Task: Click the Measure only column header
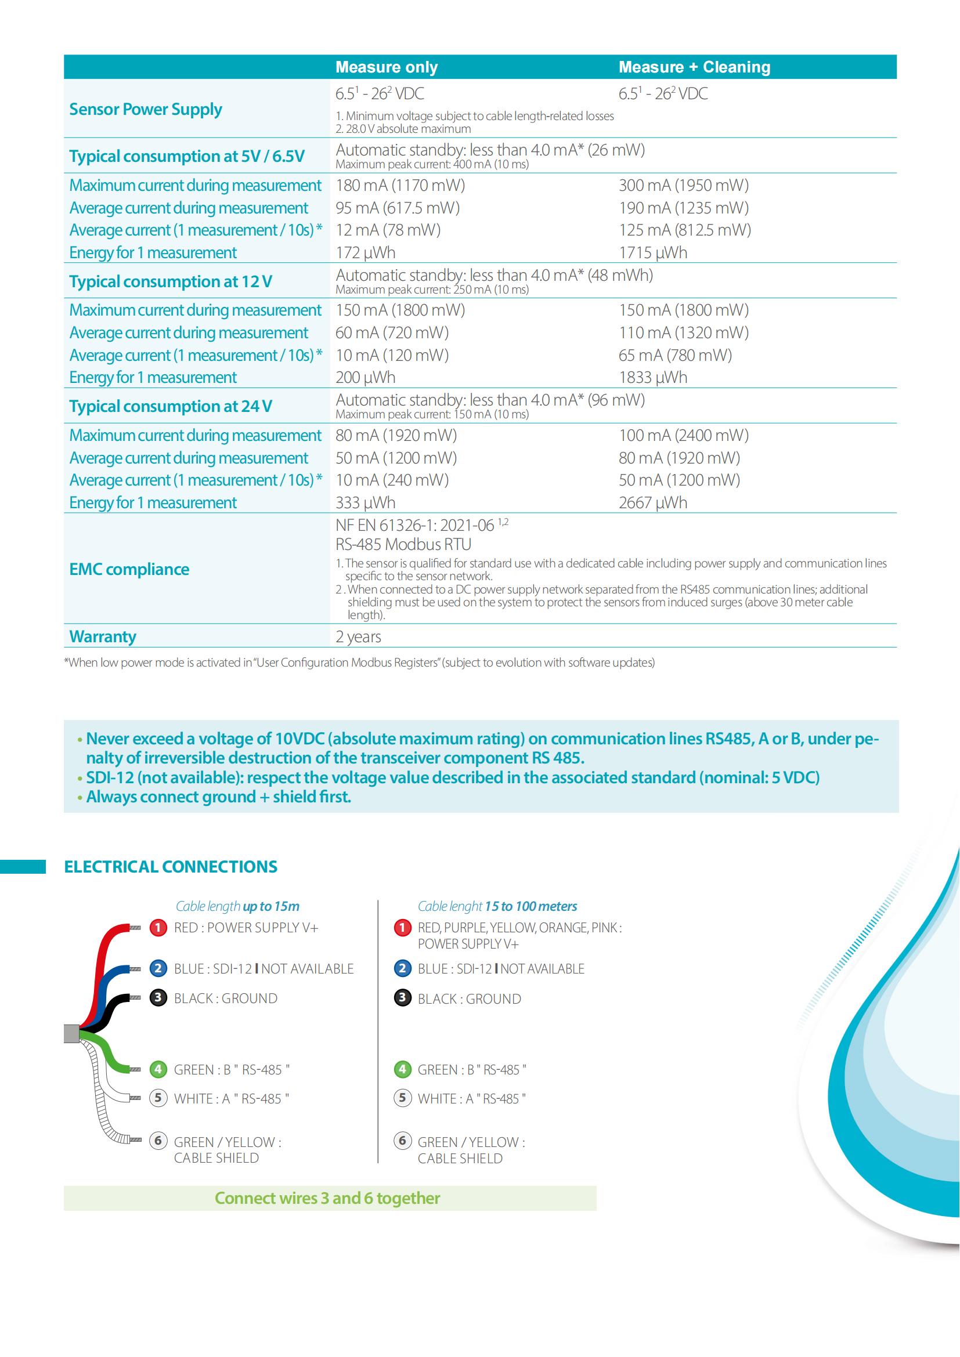click(x=387, y=67)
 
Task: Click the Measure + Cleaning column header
click(x=694, y=67)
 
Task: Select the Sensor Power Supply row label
click(x=146, y=109)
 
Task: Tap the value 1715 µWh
click(x=652, y=253)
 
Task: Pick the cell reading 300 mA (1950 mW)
click(x=683, y=186)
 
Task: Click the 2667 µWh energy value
click(x=652, y=503)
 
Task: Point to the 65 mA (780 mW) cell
click(x=675, y=355)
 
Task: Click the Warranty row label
click(x=102, y=636)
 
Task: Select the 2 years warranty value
click(x=358, y=636)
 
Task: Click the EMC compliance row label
click(x=129, y=569)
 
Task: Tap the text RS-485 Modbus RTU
click(x=403, y=544)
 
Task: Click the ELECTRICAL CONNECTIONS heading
click(x=170, y=866)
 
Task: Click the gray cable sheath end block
click(x=71, y=1034)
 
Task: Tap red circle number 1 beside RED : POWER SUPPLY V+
click(x=158, y=927)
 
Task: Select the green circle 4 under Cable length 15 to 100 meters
click(x=402, y=1069)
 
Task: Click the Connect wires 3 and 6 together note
click(x=327, y=1198)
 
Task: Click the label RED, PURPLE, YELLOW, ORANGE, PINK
click(x=519, y=927)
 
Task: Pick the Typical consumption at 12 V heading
click(x=170, y=281)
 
